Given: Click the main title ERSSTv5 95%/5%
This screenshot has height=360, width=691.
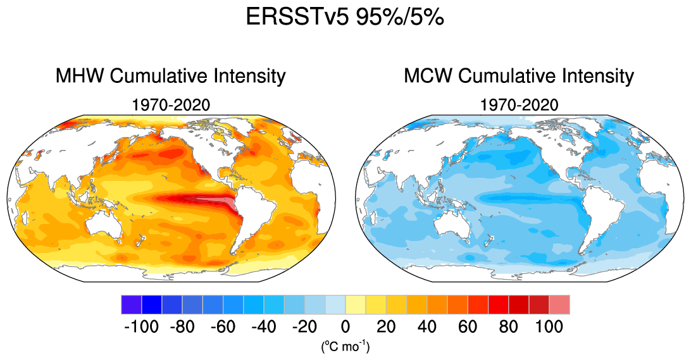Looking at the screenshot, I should pyautogui.click(x=345, y=18).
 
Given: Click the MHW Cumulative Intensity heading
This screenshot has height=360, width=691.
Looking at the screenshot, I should pyautogui.click(x=171, y=77).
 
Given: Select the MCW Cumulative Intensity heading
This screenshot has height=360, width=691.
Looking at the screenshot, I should pyautogui.click(x=519, y=77).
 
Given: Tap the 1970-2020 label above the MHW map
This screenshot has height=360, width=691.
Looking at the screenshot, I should pyautogui.click(x=171, y=104).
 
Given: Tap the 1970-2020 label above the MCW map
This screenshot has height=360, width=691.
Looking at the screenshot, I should pyautogui.click(x=519, y=104).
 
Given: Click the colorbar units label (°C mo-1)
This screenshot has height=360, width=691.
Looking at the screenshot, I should pyautogui.click(x=345, y=346).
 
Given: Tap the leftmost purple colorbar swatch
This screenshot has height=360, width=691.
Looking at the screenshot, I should pyautogui.click(x=131, y=304).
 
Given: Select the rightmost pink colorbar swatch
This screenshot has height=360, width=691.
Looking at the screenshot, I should pyautogui.click(x=559, y=304).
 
